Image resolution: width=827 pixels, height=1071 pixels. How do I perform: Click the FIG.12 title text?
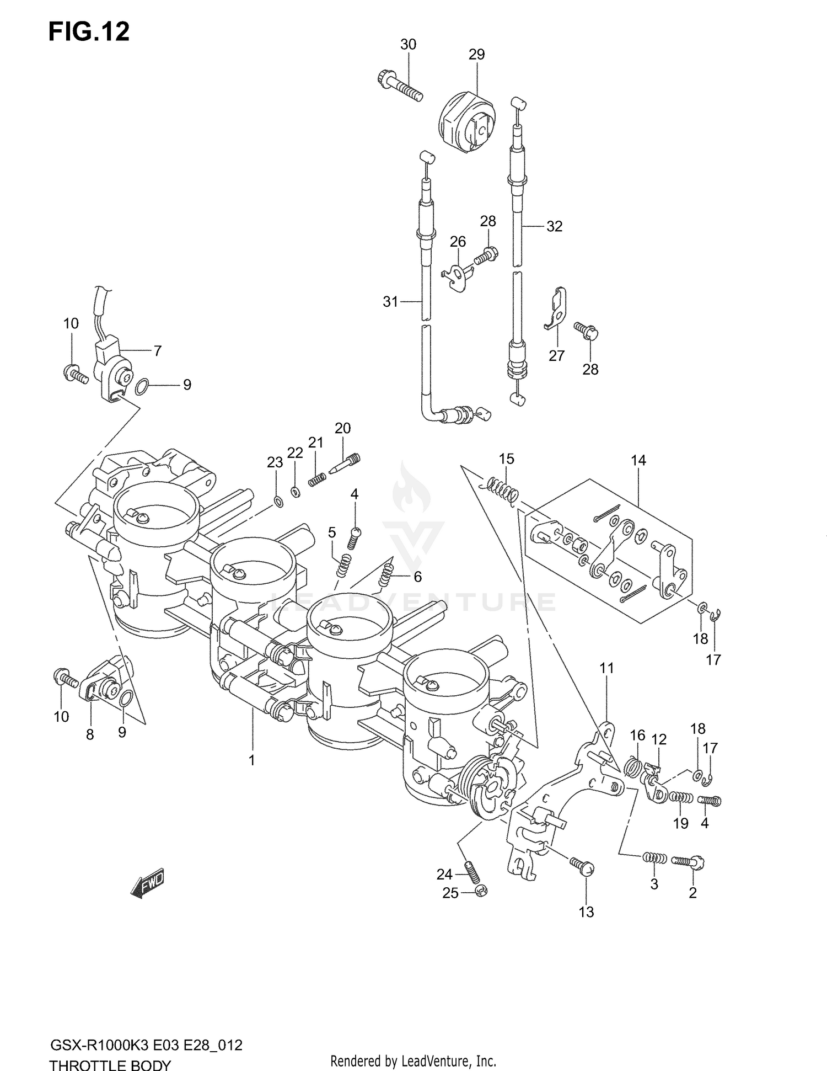click(x=89, y=32)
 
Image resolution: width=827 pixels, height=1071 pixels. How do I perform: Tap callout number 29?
click(x=476, y=54)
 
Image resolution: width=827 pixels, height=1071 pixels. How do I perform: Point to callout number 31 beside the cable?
click(x=390, y=302)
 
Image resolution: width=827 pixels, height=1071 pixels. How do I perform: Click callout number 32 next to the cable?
click(x=554, y=226)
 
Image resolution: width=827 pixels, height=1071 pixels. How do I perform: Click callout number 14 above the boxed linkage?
click(x=638, y=460)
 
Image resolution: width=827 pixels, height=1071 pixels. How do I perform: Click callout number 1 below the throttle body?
click(x=251, y=760)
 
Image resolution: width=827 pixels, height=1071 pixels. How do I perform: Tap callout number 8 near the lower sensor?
click(x=90, y=734)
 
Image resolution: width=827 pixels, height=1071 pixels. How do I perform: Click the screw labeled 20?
click(x=346, y=463)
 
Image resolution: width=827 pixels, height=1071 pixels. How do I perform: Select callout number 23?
click(x=275, y=462)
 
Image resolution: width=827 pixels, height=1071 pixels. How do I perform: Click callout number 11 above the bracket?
click(x=606, y=668)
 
